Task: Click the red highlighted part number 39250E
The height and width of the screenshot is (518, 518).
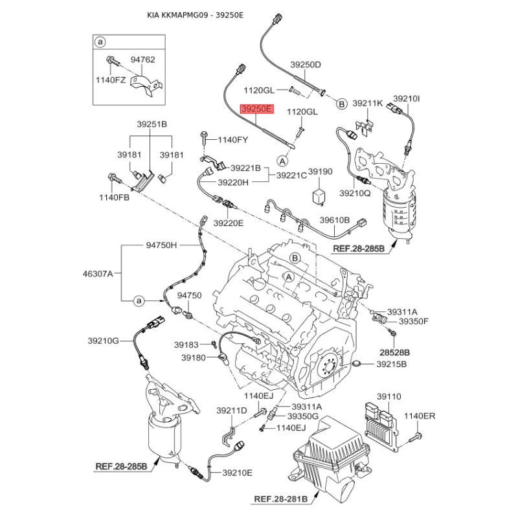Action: coord(257,109)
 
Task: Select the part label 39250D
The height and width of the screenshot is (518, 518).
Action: coord(306,65)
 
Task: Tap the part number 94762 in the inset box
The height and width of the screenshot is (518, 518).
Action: coord(142,60)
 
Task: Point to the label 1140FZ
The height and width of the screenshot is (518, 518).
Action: coord(111,80)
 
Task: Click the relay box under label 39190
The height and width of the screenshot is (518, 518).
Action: coord(319,196)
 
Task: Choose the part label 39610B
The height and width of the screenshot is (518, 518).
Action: coord(334,220)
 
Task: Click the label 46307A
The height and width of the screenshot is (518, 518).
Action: coord(98,273)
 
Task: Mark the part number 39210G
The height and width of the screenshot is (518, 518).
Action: coord(103,341)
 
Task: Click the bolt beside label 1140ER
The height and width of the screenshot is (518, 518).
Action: coord(416,436)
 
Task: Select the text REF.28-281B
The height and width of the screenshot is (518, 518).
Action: coord(281,499)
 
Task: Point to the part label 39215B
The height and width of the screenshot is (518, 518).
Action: coord(392,365)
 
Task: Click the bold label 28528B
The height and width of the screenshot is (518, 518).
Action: coord(394,352)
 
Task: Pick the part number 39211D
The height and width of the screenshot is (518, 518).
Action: coord(232,411)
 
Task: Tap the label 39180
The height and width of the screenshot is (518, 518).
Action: coord(194,357)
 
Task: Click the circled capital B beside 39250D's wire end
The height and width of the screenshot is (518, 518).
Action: coord(341,104)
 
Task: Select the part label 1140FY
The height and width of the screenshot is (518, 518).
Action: coord(232,140)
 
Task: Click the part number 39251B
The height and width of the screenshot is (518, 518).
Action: coord(152,124)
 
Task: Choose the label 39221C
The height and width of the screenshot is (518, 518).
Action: coord(292,175)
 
